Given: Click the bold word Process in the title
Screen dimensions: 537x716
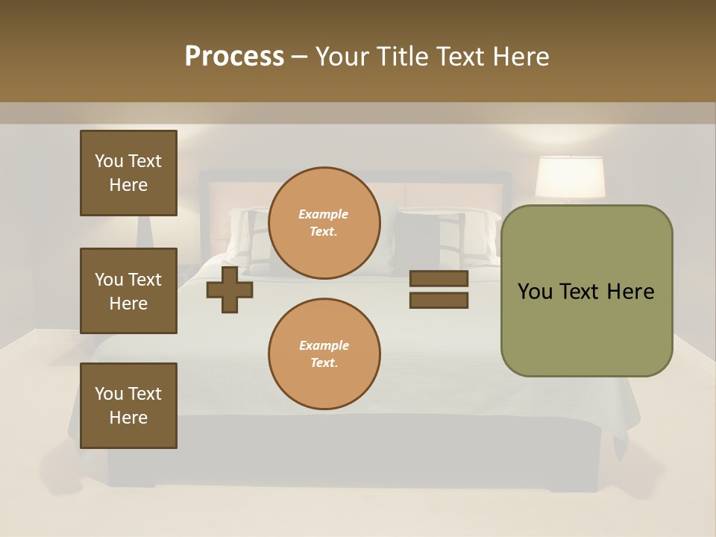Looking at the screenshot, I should (x=234, y=57).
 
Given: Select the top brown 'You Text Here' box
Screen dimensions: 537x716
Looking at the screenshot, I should (x=128, y=173).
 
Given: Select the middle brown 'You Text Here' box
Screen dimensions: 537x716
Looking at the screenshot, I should (x=128, y=291).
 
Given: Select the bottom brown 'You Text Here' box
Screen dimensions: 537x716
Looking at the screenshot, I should (x=128, y=406).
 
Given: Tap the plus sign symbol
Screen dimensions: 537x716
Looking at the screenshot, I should (x=230, y=289).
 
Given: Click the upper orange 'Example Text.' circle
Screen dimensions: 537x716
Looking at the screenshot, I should (x=324, y=223).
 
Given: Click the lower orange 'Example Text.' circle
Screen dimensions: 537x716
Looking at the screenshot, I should (x=324, y=354).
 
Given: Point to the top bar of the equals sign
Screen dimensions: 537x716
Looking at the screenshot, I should (x=439, y=278).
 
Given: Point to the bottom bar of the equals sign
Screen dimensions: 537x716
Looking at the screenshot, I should (x=439, y=301).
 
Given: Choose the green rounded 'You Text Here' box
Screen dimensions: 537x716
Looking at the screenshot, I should (x=586, y=291).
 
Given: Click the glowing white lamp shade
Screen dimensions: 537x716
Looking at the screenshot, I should (x=570, y=178).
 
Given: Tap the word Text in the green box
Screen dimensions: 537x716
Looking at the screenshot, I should (x=586, y=292).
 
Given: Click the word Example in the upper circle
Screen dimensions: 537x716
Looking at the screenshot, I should (x=324, y=214).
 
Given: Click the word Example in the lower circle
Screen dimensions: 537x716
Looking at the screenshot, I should (x=324, y=345).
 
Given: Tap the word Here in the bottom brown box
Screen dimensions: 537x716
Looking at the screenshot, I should (x=128, y=418).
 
